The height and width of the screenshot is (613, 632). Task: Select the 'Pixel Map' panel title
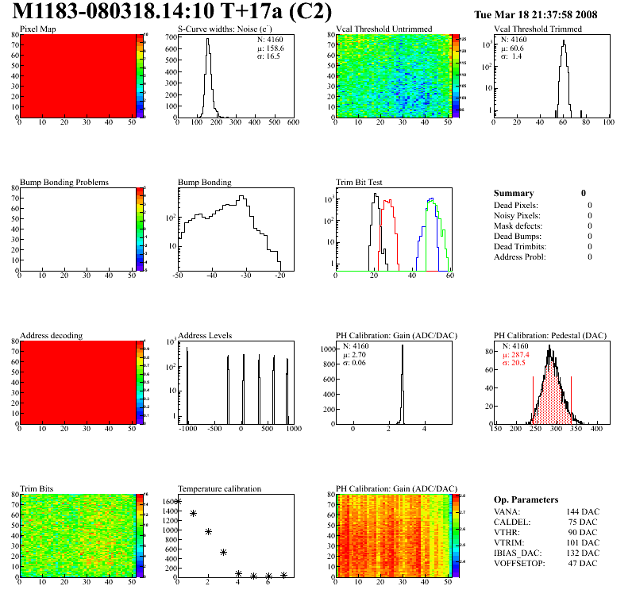38,29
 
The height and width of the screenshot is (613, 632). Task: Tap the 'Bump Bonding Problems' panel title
64,182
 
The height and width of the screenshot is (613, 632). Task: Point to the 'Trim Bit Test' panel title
359,182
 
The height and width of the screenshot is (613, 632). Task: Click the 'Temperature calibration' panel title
219,488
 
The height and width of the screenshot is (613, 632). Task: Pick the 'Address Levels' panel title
205,335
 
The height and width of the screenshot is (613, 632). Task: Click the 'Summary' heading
514,193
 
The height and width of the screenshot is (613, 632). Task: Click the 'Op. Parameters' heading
526,499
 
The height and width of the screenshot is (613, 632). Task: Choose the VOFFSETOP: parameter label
520,564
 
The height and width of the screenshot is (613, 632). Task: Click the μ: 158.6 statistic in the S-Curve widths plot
270,48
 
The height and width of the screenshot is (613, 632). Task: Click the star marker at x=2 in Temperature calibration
208,532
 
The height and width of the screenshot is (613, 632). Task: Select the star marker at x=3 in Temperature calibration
224,553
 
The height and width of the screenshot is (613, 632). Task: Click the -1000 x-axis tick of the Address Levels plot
187,429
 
